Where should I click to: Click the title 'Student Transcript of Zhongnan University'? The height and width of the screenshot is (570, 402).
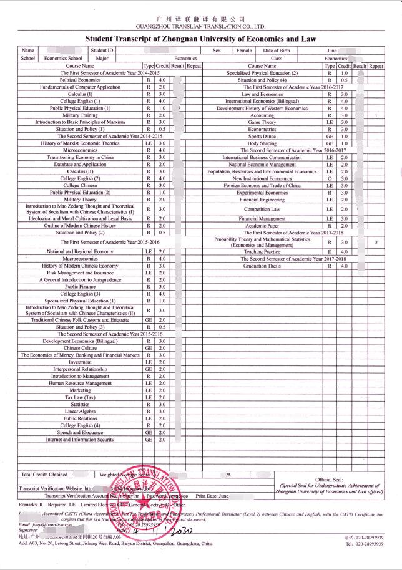pyautogui.click(x=201, y=39)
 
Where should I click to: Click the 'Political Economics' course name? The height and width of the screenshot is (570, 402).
pyautogui.click(x=80, y=80)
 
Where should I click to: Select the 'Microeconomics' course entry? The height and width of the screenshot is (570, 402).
pyautogui.click(x=80, y=150)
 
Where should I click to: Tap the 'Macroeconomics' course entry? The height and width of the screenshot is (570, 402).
pyautogui.click(x=80, y=258)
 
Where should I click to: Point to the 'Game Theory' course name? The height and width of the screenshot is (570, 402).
pyautogui.click(x=262, y=122)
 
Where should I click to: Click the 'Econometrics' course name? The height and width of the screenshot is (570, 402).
pyautogui.click(x=262, y=129)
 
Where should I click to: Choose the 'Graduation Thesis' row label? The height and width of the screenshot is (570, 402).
pyautogui.click(x=262, y=266)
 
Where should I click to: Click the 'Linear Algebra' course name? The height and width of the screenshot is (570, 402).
pyautogui.click(x=80, y=411)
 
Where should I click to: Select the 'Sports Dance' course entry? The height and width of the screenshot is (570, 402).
pyautogui.click(x=262, y=136)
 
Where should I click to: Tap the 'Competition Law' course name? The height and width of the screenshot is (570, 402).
pyautogui.click(x=262, y=210)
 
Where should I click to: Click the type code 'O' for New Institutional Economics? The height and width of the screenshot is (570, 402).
pyautogui.click(x=329, y=178)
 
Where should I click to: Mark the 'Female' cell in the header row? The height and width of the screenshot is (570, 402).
pyautogui.click(x=244, y=51)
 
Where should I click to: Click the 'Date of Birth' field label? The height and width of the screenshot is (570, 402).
pyautogui.click(x=276, y=51)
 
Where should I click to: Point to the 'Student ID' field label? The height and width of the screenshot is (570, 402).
pyautogui.click(x=102, y=51)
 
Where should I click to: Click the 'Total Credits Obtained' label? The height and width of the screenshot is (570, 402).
pyautogui.click(x=44, y=475)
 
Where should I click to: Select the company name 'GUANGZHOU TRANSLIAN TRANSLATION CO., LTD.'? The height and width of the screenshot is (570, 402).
pyautogui.click(x=200, y=27)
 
